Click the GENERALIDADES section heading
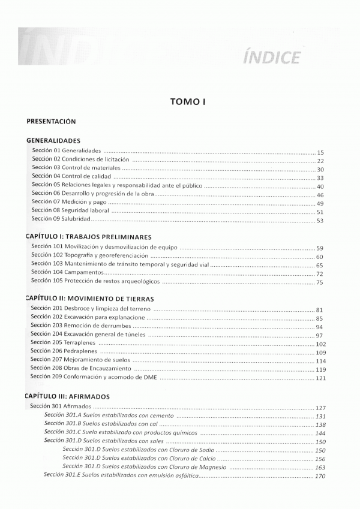pos(54,141)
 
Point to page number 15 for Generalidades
pos(320,152)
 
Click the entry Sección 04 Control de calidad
pos(70,177)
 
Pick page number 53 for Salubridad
pos(320,221)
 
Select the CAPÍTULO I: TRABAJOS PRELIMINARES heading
pos(88,237)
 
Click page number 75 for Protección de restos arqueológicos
pos(320,282)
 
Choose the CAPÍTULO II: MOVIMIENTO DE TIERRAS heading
pos(90,298)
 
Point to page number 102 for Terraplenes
pos(320,344)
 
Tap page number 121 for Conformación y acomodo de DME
pos(320,378)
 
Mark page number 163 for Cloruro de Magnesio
pos(320,467)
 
